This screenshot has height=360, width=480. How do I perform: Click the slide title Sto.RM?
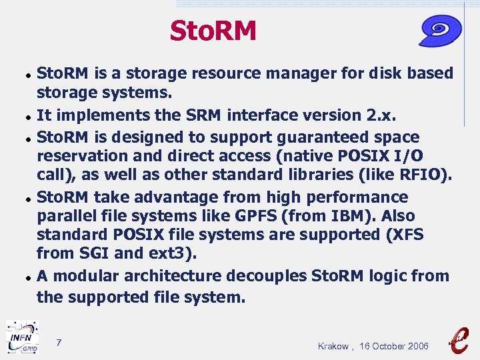213,31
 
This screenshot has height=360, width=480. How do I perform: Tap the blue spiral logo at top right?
441,31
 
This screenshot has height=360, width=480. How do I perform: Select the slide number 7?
59,343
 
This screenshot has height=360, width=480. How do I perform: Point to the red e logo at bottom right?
459,339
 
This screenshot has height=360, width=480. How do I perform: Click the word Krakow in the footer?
333,346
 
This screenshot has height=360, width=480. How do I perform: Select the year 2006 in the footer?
416,346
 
